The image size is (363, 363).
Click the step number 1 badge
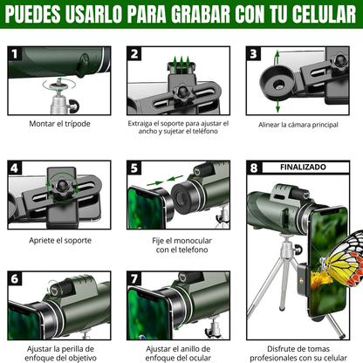(15, 54)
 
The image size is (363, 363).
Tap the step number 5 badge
(134, 168)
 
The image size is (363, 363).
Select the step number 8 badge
(254, 168)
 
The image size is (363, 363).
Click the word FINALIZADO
(303, 167)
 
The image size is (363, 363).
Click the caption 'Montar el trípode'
(59, 124)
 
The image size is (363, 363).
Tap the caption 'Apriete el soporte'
(60, 240)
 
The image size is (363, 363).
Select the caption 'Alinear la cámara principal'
(298, 125)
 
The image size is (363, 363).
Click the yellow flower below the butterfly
(321, 278)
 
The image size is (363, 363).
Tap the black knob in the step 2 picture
(183, 92)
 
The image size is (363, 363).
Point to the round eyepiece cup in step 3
(277, 83)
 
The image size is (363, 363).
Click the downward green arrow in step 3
(277, 106)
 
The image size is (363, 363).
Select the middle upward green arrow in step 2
(181, 65)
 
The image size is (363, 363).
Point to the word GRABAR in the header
(201, 14)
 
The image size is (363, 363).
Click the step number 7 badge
(134, 279)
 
